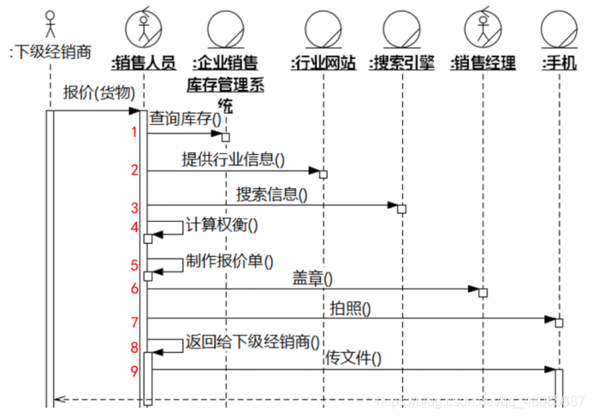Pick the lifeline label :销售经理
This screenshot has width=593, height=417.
[483, 63]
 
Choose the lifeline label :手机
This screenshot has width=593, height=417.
[559, 63]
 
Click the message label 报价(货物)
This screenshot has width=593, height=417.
[98, 92]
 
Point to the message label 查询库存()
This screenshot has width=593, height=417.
[185, 121]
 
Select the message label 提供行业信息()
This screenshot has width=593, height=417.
[233, 158]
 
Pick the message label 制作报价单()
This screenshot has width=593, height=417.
[229, 262]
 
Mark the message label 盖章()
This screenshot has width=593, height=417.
[312, 277]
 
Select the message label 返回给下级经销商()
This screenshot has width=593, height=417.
[253, 343]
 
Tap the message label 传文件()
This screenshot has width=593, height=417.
[353, 359]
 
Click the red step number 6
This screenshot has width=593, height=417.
[134, 289]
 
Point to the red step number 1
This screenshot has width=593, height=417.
[134, 132]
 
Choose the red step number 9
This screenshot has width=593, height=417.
[134, 371]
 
